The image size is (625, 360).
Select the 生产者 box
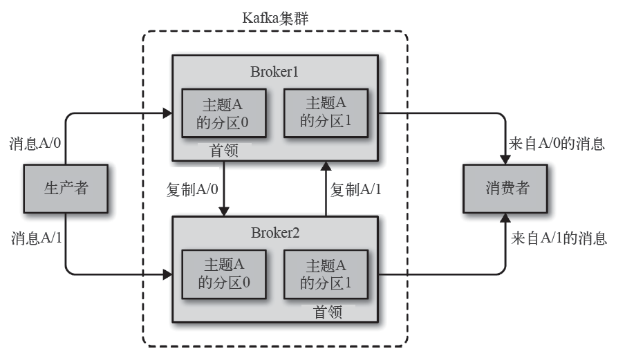point(66,187)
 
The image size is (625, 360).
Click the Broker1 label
point(275,72)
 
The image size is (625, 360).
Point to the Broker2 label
point(275,231)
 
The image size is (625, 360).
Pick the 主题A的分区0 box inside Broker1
point(223,113)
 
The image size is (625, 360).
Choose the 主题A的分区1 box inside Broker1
point(324,112)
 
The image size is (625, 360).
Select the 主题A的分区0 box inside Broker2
point(223,273)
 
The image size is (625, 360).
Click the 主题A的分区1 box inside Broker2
point(324,273)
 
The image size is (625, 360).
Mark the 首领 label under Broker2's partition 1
point(327,310)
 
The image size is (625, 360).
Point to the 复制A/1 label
point(356,189)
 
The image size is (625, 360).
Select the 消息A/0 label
point(35,144)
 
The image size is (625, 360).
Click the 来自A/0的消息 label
point(557,144)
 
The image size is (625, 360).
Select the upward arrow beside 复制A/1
point(324,189)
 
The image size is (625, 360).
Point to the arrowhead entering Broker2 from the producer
point(167,274)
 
